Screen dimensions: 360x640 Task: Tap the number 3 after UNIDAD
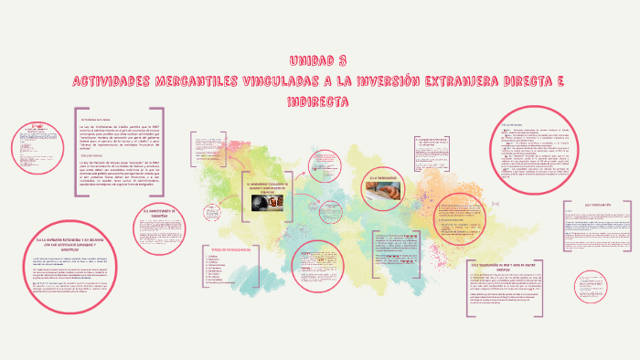pos(342,60)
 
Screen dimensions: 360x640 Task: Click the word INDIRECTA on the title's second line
pos(320,101)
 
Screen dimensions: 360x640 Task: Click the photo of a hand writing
pos(385,192)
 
